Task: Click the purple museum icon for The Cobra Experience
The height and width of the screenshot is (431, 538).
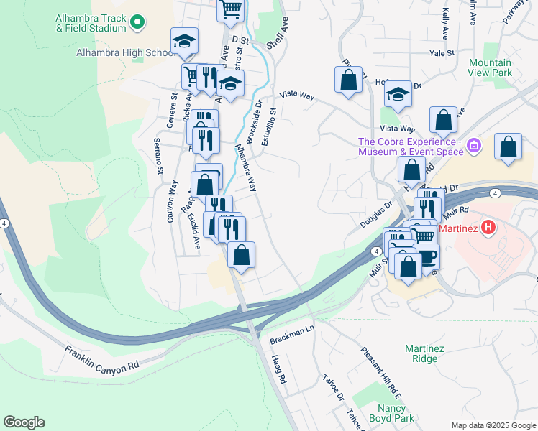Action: pos(474,147)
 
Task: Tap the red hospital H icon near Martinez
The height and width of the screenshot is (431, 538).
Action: pos(488,229)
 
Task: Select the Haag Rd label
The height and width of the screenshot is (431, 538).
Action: pos(279,369)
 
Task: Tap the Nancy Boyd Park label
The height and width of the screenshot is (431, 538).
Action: pos(391,412)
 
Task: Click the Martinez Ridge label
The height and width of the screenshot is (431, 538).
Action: pos(421,353)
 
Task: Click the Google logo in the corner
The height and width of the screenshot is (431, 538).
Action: pos(24,422)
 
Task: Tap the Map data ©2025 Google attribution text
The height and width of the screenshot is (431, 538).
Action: pos(493,425)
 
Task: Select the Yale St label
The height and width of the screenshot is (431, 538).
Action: pos(442,53)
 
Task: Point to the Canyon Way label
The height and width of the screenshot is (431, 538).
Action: pos(173,201)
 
